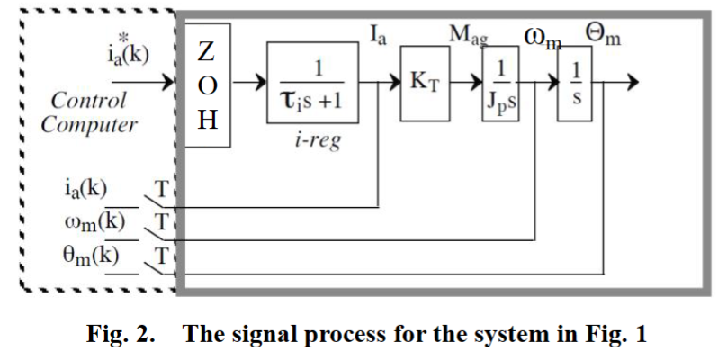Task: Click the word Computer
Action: (x=89, y=124)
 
